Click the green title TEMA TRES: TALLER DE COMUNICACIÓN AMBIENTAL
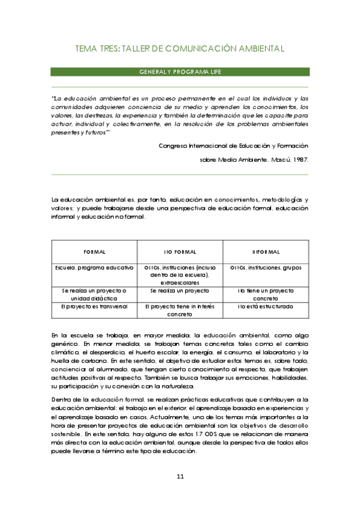tap(180, 48)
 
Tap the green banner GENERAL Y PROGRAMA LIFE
tap(180, 72)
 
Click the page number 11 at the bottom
tap(180, 477)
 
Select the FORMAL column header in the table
tap(94, 251)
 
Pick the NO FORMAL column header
tap(180, 251)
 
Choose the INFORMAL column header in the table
tap(265, 251)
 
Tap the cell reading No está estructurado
tap(265, 306)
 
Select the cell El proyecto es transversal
tap(94, 306)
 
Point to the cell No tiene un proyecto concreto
tap(265, 293)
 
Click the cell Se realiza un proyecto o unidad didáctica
tap(94, 293)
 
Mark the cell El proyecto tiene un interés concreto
tap(180, 310)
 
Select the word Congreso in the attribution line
tap(174, 146)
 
